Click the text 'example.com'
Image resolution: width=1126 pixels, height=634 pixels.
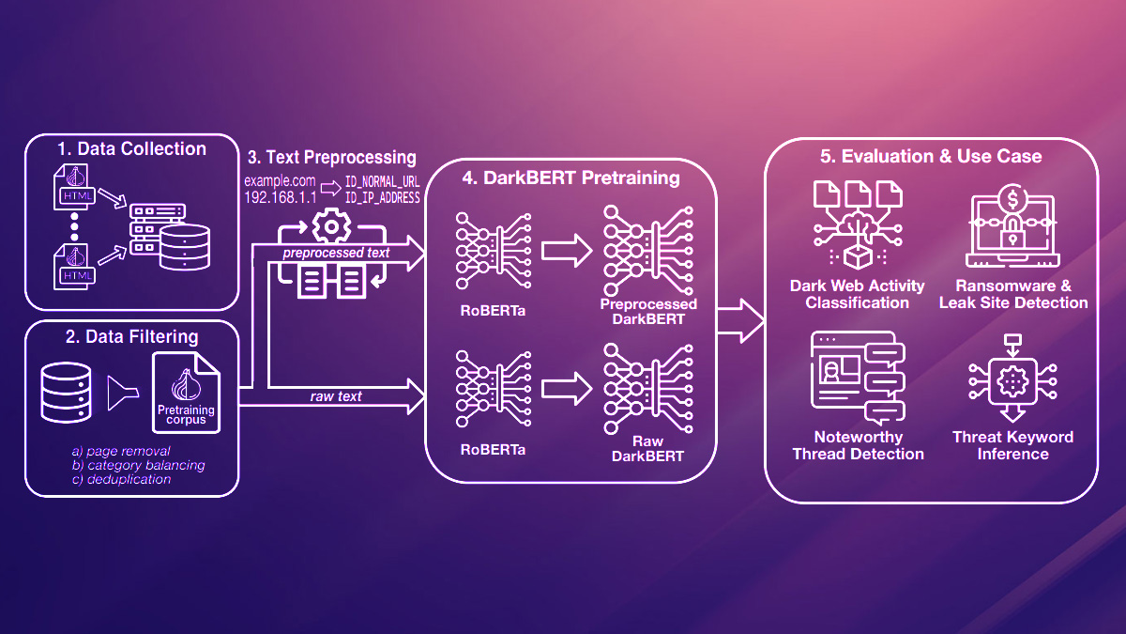279,180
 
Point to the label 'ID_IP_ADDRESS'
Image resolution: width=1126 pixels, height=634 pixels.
382,198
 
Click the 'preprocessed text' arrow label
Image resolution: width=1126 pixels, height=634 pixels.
336,252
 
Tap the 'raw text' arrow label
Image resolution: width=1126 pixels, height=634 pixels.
336,396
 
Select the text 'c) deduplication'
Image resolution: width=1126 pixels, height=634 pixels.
121,479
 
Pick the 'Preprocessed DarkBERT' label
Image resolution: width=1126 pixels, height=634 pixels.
648,311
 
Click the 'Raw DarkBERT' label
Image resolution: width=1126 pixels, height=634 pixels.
648,449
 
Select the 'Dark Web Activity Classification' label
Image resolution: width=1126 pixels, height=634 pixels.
858,294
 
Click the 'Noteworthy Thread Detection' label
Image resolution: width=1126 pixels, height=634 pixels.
858,445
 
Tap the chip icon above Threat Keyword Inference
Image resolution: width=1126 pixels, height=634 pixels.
1012,380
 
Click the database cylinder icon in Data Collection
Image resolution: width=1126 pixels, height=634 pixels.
183,246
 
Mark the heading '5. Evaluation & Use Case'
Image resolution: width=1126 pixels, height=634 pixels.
931,156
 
